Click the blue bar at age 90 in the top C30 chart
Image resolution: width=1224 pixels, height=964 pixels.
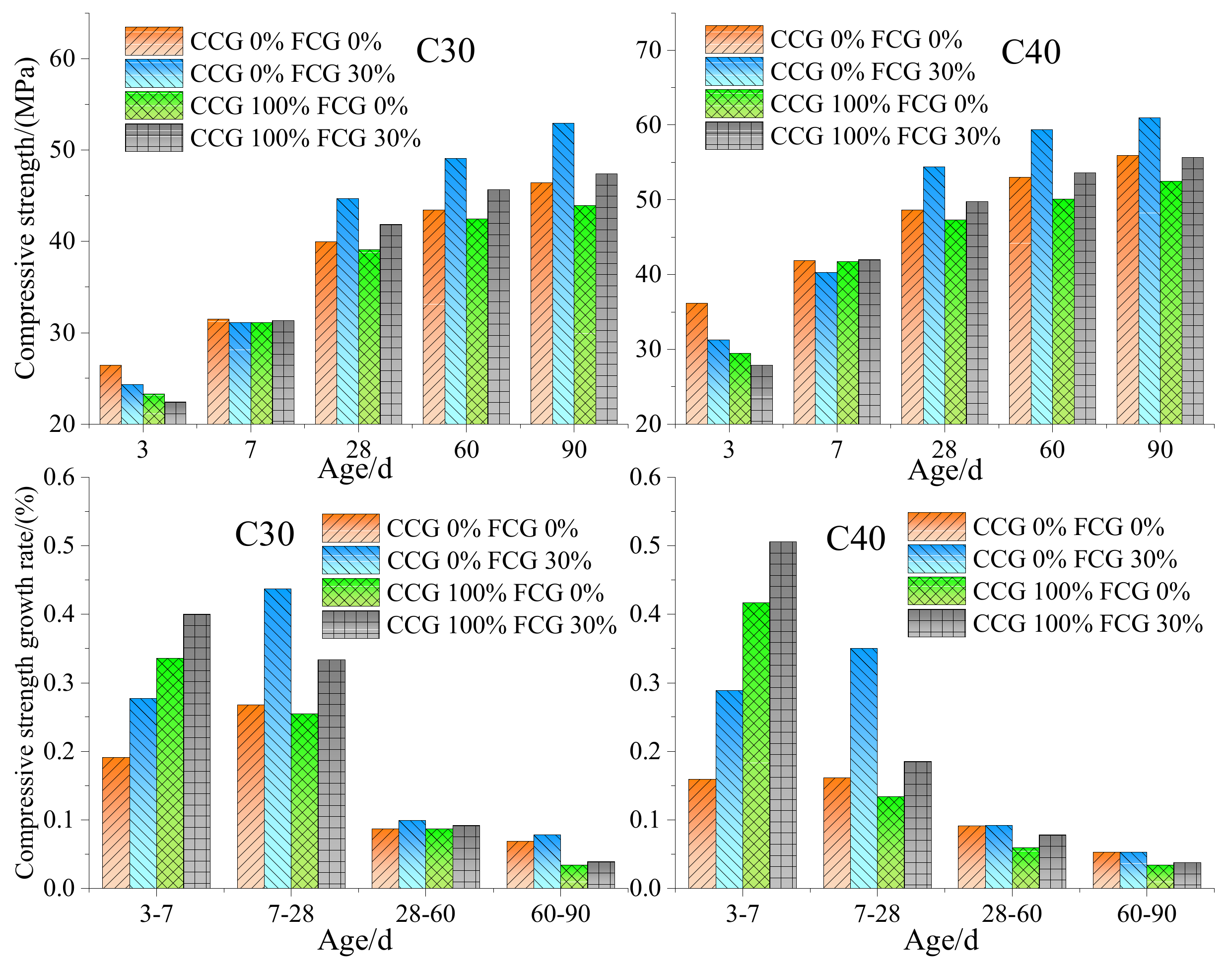pyautogui.click(x=563, y=274)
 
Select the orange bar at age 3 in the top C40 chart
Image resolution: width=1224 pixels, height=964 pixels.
pyautogui.click(x=696, y=363)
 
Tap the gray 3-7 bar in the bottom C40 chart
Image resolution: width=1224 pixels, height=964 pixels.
pyautogui.click(x=783, y=715)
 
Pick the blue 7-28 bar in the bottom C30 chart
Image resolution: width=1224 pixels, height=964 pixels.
pyautogui.click(x=278, y=739)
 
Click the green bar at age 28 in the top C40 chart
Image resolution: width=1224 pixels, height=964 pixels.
pyautogui.click(x=955, y=322)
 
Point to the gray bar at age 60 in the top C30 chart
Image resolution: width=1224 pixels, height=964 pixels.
pyautogui.click(x=499, y=307)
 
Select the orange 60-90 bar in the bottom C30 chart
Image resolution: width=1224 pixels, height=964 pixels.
pyautogui.click(x=520, y=865)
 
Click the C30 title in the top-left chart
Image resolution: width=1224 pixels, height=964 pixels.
pyautogui.click(x=446, y=51)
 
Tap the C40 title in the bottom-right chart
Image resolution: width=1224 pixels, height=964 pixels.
pyautogui.click(x=856, y=539)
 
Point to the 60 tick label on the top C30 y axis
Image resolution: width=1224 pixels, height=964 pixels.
pyautogui.click(x=62, y=58)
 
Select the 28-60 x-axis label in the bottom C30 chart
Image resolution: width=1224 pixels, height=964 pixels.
pyautogui.click(x=425, y=914)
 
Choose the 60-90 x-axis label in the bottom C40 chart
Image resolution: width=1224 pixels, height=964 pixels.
pyautogui.click(x=1147, y=914)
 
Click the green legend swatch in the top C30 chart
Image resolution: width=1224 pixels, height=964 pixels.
pyautogui.click(x=154, y=106)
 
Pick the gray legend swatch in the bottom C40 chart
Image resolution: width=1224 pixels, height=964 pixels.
pyautogui.click(x=937, y=623)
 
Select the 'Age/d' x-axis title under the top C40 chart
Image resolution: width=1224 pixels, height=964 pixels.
pyautogui.click(x=945, y=470)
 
